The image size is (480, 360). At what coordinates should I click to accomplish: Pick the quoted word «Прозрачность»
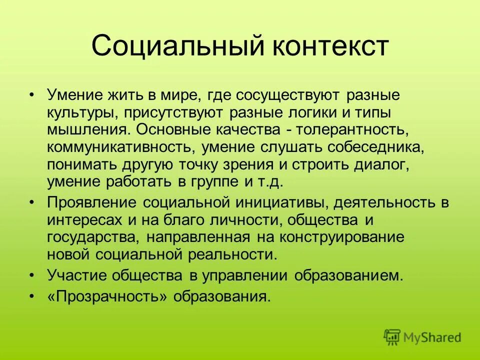[x=107, y=296]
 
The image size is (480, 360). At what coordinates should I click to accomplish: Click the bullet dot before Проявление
[x=32, y=202]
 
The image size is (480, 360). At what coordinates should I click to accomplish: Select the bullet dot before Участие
[x=32, y=275]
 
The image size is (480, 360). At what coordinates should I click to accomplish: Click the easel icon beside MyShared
[x=392, y=337]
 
